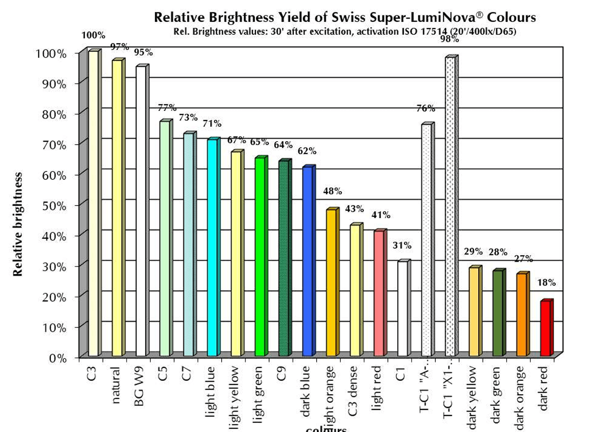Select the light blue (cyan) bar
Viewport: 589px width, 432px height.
click(212, 247)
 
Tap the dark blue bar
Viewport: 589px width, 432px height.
click(307, 261)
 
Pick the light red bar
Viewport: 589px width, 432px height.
click(379, 293)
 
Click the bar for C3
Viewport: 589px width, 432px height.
click(93, 203)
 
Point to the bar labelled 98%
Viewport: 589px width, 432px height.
click(450, 206)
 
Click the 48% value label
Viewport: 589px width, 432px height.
click(332, 191)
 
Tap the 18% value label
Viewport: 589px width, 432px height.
click(546, 283)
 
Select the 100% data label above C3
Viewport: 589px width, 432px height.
click(93, 35)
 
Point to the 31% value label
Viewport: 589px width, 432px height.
click(402, 245)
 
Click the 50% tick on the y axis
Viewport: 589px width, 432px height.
click(54, 206)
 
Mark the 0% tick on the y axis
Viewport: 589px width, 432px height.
click(57, 358)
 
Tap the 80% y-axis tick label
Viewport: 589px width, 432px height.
click(54, 114)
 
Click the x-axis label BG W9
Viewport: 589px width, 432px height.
click(139, 386)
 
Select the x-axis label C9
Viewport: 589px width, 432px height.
click(282, 373)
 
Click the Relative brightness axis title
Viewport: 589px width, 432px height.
click(18, 224)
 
